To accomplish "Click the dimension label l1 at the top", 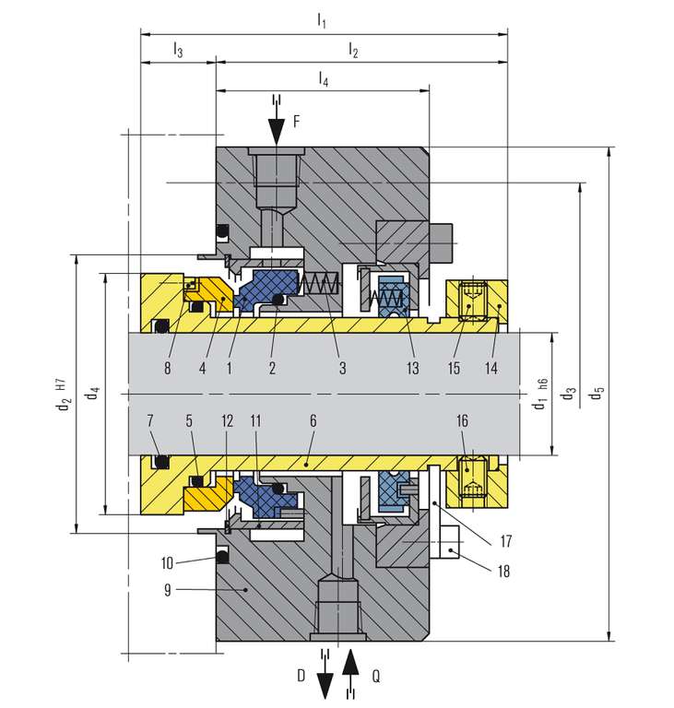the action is (x=321, y=20).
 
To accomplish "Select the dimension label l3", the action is (x=178, y=49).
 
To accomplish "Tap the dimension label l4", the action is (x=323, y=78).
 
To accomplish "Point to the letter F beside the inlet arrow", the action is (x=296, y=121).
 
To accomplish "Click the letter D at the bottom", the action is (x=302, y=676).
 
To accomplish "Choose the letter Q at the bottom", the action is (x=376, y=676).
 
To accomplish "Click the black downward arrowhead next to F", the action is (x=276, y=132).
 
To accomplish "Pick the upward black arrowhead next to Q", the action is (x=350, y=662).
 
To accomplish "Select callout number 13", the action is (x=412, y=368).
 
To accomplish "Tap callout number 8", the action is (x=167, y=368).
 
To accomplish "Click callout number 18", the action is (x=503, y=572).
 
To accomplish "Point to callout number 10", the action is (x=167, y=562).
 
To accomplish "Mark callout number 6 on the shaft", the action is (x=313, y=420).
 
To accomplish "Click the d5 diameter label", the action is (x=597, y=393).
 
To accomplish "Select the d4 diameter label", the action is (x=92, y=393).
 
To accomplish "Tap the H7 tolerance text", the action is (x=62, y=384).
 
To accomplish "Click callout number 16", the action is (x=462, y=420).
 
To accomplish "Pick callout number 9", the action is (x=168, y=590).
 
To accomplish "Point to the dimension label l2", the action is (x=353, y=49).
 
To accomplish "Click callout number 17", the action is (x=505, y=540).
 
